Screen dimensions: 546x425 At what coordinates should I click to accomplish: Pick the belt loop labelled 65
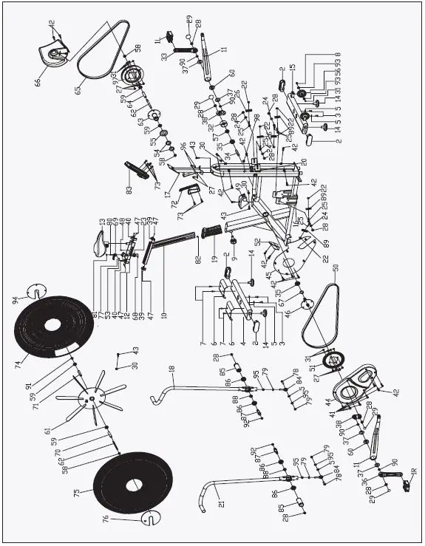(x=104, y=47)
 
